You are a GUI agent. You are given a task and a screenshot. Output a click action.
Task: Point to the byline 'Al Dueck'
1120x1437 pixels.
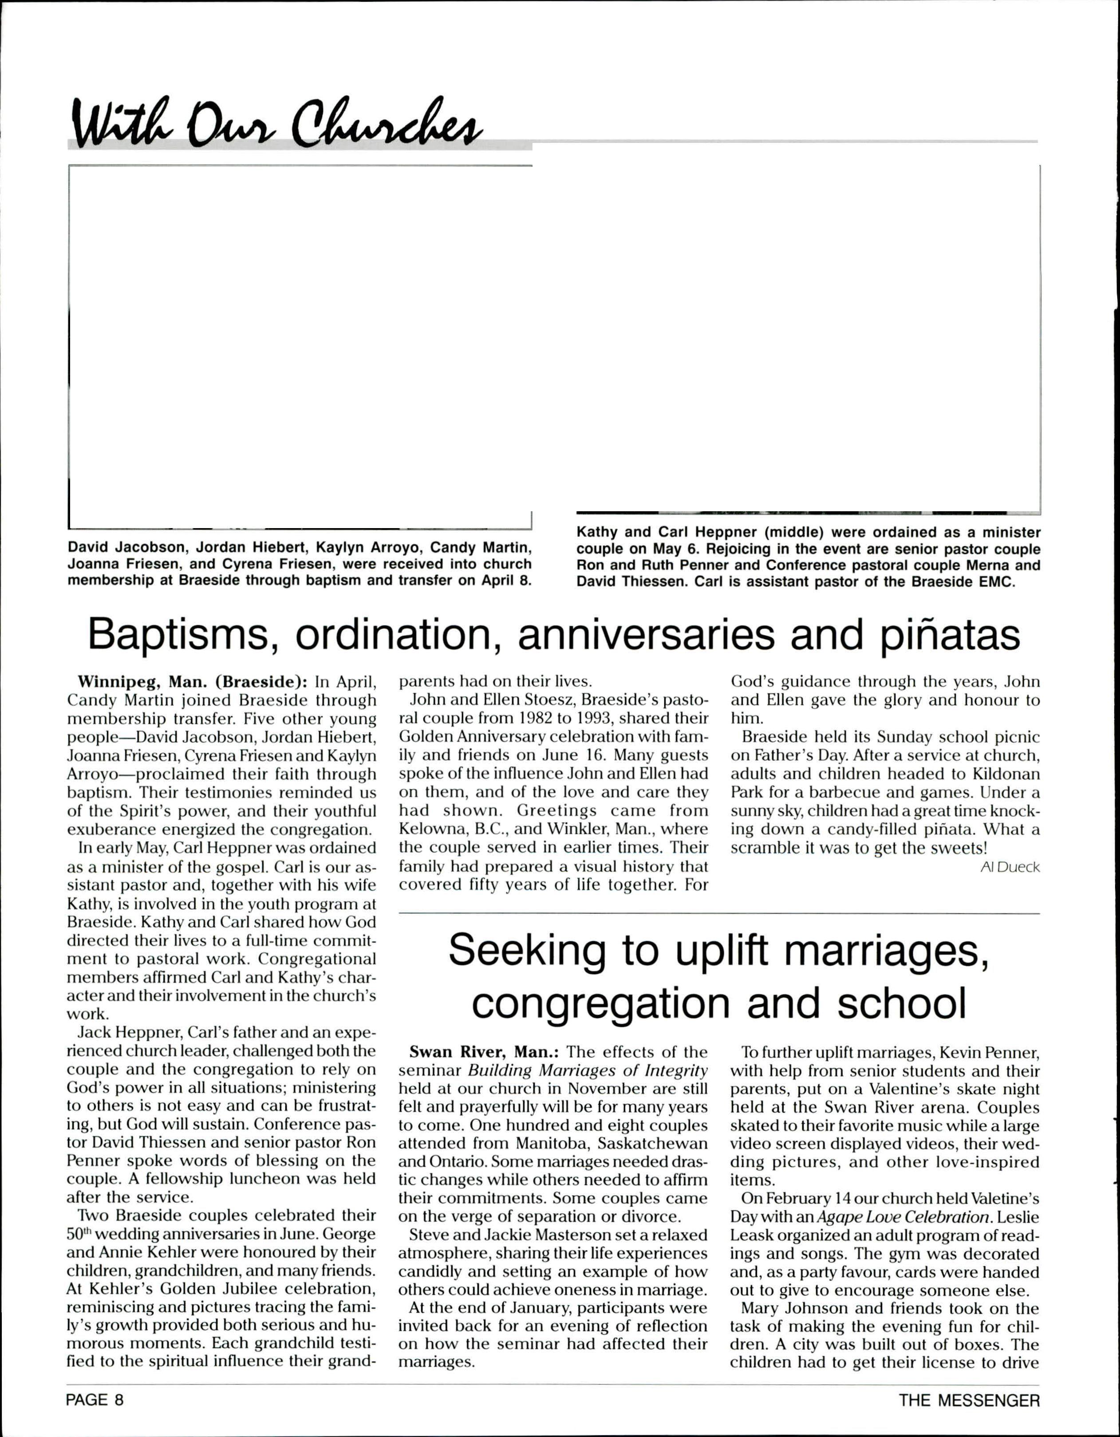click(x=1010, y=867)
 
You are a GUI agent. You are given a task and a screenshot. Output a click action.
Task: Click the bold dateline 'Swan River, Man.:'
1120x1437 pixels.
click(x=484, y=1052)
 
